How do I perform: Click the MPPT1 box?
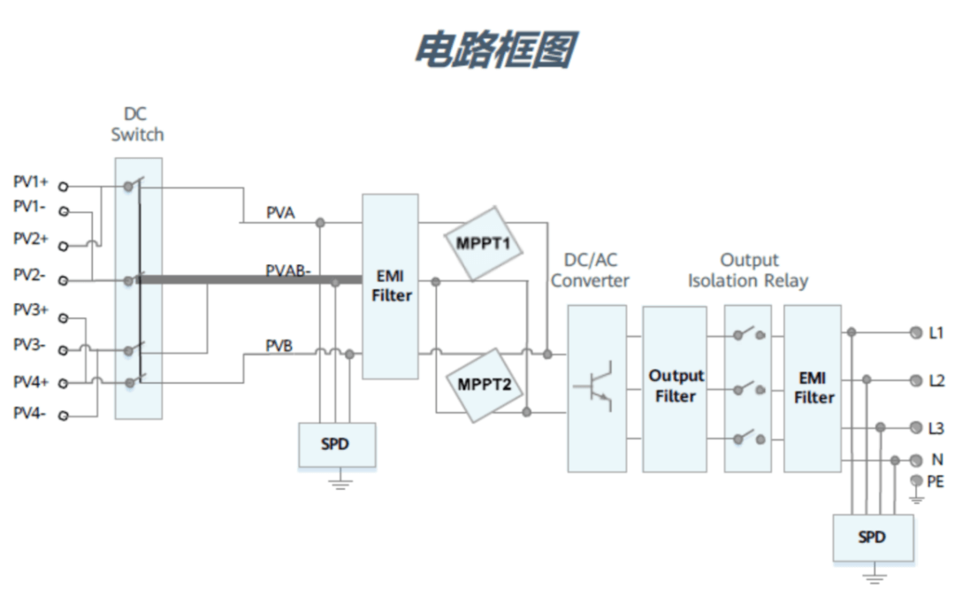484,243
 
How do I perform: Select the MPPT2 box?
485,384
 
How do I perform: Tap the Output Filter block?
675,387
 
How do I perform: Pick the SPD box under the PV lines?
336,445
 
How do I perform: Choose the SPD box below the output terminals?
871,537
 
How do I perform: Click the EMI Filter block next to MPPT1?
390,286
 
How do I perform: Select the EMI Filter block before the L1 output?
813,387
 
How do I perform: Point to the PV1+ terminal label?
31,182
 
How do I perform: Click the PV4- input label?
31,413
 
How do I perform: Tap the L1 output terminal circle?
915,332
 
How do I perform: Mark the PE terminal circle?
915,480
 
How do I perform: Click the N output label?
937,461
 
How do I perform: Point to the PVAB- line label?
288,271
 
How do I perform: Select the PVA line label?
281,213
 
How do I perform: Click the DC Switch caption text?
137,125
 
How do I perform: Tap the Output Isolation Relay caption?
748,271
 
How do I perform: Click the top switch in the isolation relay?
748,334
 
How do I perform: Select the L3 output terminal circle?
915,428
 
